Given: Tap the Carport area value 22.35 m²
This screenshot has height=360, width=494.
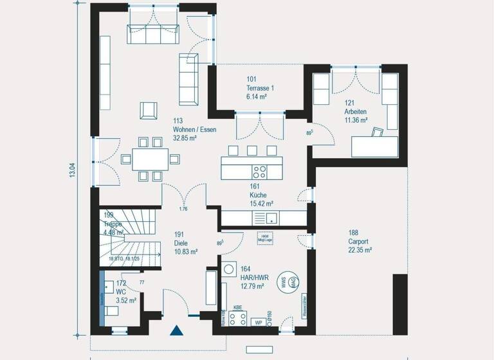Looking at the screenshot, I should [360, 250].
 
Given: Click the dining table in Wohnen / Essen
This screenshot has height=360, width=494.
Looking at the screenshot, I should [150, 157].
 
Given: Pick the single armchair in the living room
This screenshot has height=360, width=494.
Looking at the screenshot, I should [149, 111].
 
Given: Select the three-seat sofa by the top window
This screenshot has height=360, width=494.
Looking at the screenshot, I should [154, 34].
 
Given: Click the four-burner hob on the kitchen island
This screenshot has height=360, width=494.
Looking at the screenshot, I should [260, 172].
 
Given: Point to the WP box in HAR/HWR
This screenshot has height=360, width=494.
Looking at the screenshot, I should [259, 322].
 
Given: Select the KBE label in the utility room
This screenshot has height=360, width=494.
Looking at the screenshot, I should [237, 308].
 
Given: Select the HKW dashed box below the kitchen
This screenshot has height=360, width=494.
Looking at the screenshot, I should [264, 237].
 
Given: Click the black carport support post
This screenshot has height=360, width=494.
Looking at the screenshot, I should [400, 304].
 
